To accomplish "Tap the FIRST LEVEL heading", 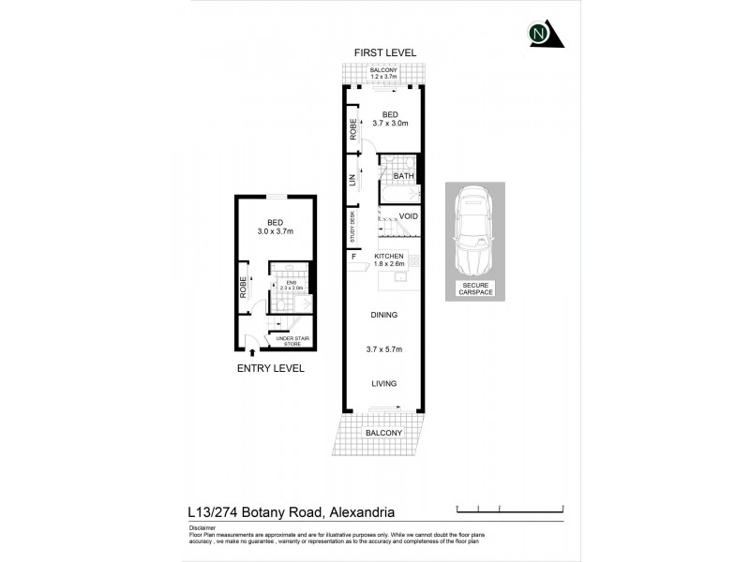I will (384, 52).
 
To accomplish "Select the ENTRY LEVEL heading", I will (270, 368).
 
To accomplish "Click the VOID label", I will (408, 216).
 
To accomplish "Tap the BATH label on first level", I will (403, 176).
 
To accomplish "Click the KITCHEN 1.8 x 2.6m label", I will (389, 260).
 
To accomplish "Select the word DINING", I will (383, 315).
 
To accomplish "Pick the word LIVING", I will (383, 383).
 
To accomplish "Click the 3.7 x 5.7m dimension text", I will (383, 349).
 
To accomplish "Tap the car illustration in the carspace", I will (473, 229).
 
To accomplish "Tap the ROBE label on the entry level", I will (243, 286).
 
